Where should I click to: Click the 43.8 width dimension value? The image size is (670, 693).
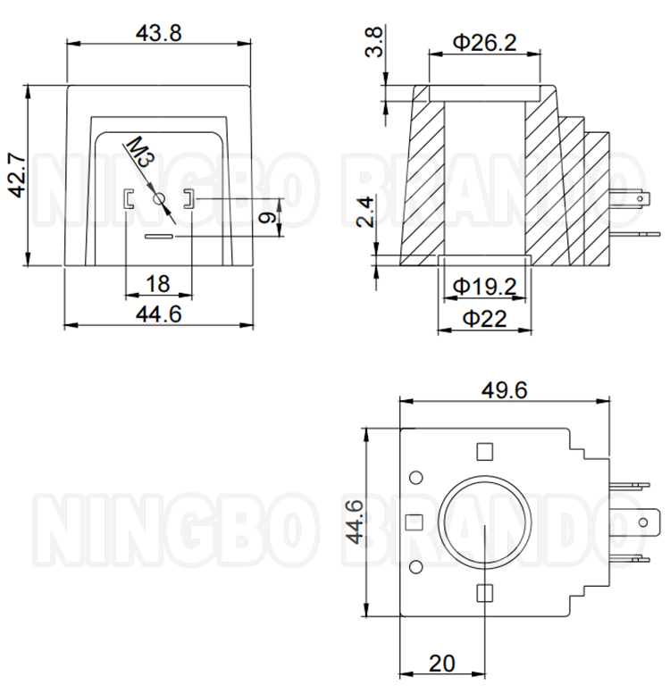[158, 33]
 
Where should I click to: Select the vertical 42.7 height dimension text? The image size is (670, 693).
[18, 175]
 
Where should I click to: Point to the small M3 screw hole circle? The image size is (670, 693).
[159, 199]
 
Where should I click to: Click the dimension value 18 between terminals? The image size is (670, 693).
[157, 284]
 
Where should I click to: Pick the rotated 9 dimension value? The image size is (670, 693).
[267, 217]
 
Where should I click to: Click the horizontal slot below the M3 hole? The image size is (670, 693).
[159, 237]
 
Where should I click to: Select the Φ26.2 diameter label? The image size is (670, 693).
[485, 43]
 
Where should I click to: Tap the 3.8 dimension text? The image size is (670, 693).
[373, 42]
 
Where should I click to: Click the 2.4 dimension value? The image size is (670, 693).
[365, 213]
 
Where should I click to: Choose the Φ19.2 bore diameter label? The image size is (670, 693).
[485, 287]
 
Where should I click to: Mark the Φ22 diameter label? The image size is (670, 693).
[484, 318]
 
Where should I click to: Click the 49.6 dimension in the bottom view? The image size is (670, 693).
[504, 390]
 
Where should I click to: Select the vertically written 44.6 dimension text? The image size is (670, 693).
[355, 522]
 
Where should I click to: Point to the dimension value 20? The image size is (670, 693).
[442, 663]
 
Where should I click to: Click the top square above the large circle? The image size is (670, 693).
[485, 452]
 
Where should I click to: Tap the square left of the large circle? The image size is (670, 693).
[414, 522]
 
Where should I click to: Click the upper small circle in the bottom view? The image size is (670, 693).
[415, 477]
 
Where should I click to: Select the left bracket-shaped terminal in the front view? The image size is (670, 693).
[128, 199]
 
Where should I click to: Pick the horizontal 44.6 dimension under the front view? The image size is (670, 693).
[158, 314]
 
